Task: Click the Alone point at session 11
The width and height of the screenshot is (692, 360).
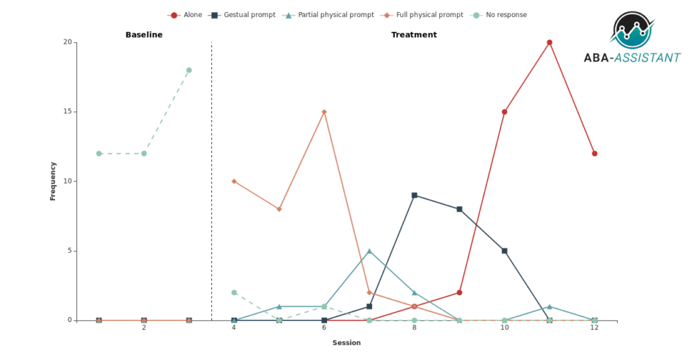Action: tap(549, 42)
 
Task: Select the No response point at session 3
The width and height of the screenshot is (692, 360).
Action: tap(189, 70)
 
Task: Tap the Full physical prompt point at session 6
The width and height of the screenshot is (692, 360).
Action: tap(324, 112)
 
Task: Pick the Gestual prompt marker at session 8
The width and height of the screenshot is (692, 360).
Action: tap(414, 195)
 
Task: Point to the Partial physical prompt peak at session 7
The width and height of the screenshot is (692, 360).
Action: tap(369, 251)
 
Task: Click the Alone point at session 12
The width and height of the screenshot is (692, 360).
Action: tap(595, 153)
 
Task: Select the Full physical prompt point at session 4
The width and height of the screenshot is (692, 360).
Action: tap(234, 181)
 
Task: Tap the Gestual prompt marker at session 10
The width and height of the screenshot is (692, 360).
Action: tap(504, 251)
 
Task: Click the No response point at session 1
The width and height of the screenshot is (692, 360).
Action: tap(99, 153)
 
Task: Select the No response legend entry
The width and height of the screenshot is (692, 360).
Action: tap(498, 15)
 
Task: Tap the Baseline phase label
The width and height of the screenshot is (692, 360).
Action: tap(144, 35)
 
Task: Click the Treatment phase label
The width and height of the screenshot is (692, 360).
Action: tap(414, 35)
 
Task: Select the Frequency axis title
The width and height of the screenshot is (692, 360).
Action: tap(53, 181)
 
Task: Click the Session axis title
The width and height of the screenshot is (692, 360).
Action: tap(347, 343)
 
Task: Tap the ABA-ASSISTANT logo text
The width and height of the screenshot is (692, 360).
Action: tap(632, 58)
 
